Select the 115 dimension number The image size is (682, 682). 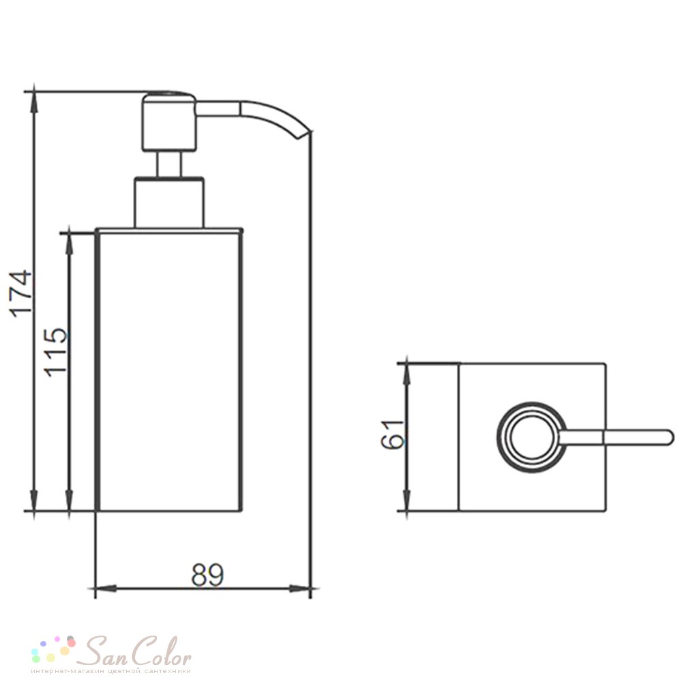56,351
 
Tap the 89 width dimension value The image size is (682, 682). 207,574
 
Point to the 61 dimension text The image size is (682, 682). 393,434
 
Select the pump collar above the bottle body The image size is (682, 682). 169,203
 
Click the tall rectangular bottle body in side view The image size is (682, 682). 168,369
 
